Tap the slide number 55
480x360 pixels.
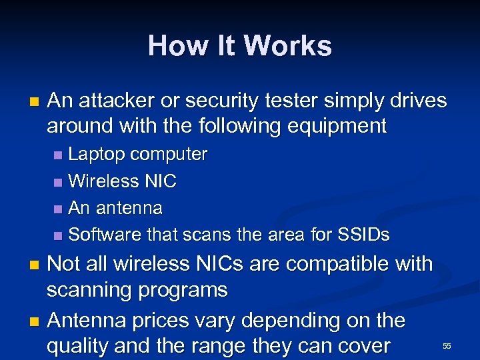pyautogui.click(x=447, y=346)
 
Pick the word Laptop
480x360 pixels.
pyautogui.click(x=97, y=155)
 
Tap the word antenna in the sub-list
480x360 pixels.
pyautogui.click(x=129, y=208)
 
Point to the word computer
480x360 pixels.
pyautogui.click(x=169, y=155)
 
